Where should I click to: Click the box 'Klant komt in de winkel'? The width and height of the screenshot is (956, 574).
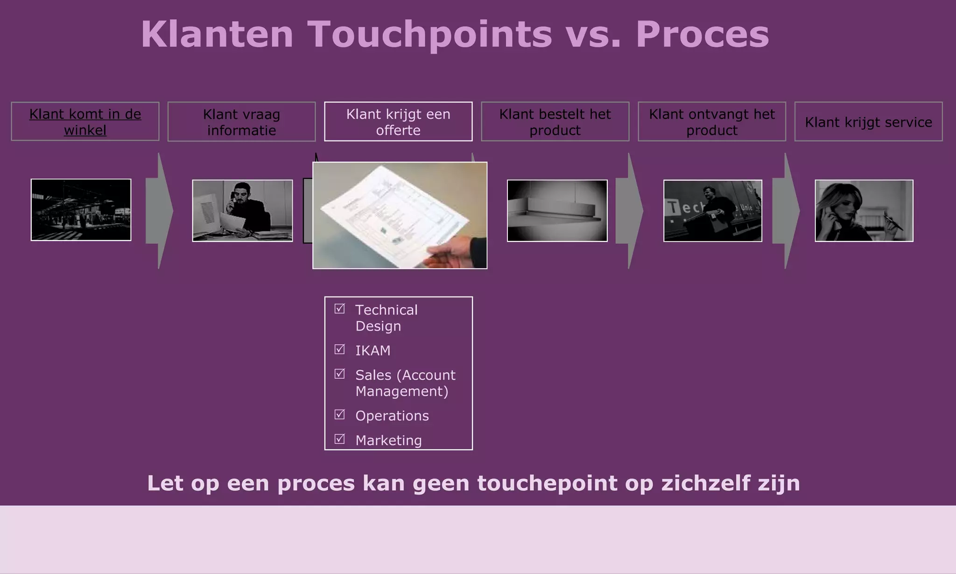tap(85, 121)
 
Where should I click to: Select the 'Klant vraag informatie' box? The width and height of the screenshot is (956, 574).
tap(241, 122)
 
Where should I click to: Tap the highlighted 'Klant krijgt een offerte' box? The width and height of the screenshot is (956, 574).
tap(398, 122)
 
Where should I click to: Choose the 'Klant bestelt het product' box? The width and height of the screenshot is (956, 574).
tap(555, 122)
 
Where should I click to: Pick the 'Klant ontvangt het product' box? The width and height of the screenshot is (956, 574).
tap(712, 122)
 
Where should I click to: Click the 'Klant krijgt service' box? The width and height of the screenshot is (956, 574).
tap(868, 122)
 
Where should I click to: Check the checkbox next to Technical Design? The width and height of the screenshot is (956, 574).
tap(340, 309)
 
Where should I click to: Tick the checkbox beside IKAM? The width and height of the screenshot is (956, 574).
tap(340, 349)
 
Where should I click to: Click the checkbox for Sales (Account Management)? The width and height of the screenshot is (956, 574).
tap(340, 374)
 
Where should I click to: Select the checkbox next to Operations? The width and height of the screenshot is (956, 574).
tap(340, 414)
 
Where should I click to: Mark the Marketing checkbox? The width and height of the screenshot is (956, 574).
tap(340, 439)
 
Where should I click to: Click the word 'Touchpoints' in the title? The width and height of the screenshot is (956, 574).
tap(429, 34)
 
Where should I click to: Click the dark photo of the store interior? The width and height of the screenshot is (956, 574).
tap(81, 210)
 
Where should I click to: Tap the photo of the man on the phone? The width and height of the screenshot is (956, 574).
tap(242, 211)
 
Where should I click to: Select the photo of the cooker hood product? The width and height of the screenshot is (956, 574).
tap(557, 211)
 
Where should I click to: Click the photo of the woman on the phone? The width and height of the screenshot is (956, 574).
tap(864, 211)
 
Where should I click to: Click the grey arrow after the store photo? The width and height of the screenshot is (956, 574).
tap(160, 211)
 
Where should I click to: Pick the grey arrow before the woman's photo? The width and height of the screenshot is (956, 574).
tap(786, 211)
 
